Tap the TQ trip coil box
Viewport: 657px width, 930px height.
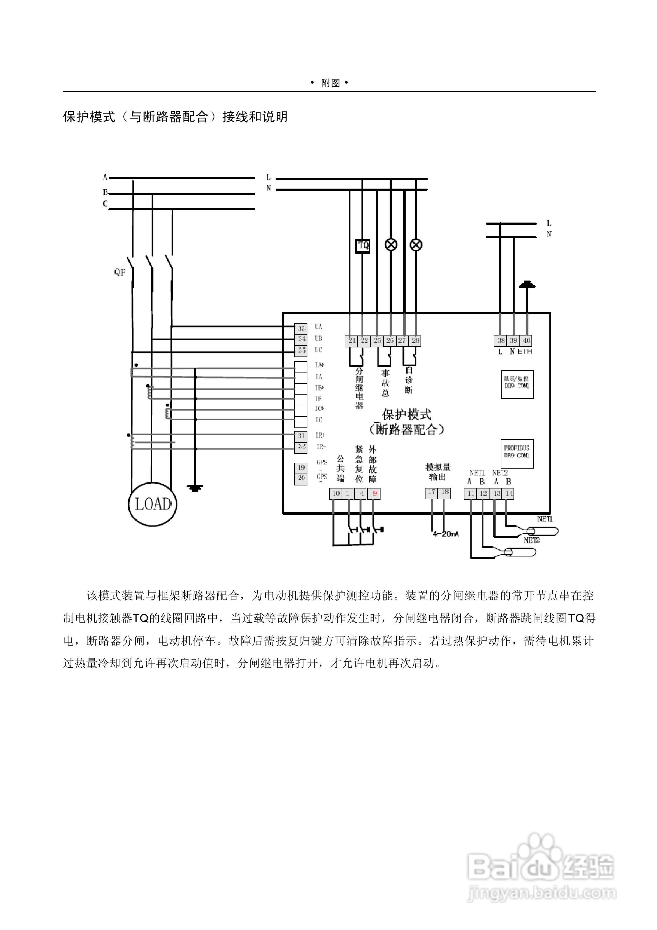coord(363,245)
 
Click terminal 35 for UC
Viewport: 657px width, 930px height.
coord(301,350)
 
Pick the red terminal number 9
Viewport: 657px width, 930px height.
coord(374,493)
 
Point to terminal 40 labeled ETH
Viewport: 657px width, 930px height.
coord(526,341)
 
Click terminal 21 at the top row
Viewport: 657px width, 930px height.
coord(352,341)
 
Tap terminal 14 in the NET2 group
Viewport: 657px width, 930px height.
coord(509,493)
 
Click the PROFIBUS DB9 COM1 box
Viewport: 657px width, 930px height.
coord(517,454)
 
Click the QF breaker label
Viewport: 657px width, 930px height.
coord(120,273)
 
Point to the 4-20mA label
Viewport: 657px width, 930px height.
coord(446,534)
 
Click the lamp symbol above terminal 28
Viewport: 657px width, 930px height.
coord(416,245)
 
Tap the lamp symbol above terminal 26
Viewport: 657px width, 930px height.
coord(391,245)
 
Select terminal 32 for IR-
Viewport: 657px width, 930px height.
coord(301,447)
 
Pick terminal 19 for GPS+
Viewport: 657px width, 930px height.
coord(301,468)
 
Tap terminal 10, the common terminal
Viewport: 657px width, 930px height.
coord(336,493)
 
